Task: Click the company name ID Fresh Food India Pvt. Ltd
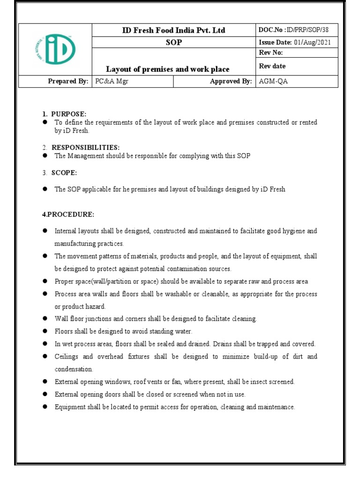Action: [x=173, y=30]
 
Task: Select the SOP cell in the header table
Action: [x=173, y=43]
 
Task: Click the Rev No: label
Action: [x=270, y=53]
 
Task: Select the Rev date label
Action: [x=272, y=66]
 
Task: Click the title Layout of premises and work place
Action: [x=168, y=69]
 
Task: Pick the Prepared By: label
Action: [x=68, y=82]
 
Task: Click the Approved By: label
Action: [x=231, y=82]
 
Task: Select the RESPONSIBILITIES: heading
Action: [x=85, y=148]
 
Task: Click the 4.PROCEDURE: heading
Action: [x=68, y=214]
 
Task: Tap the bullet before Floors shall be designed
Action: [x=45, y=331]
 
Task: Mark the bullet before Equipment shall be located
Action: [x=45, y=407]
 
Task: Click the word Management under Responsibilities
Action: [x=85, y=156]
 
